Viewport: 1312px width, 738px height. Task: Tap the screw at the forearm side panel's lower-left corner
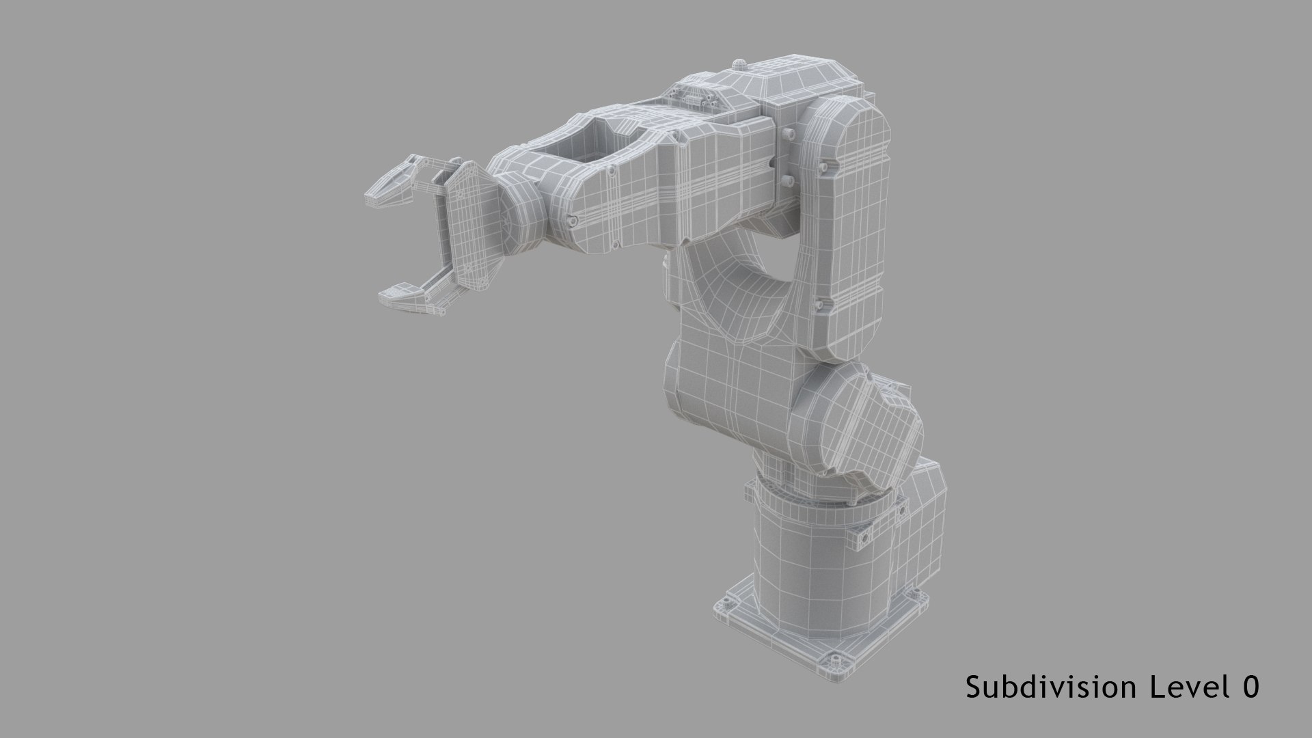(573, 220)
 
